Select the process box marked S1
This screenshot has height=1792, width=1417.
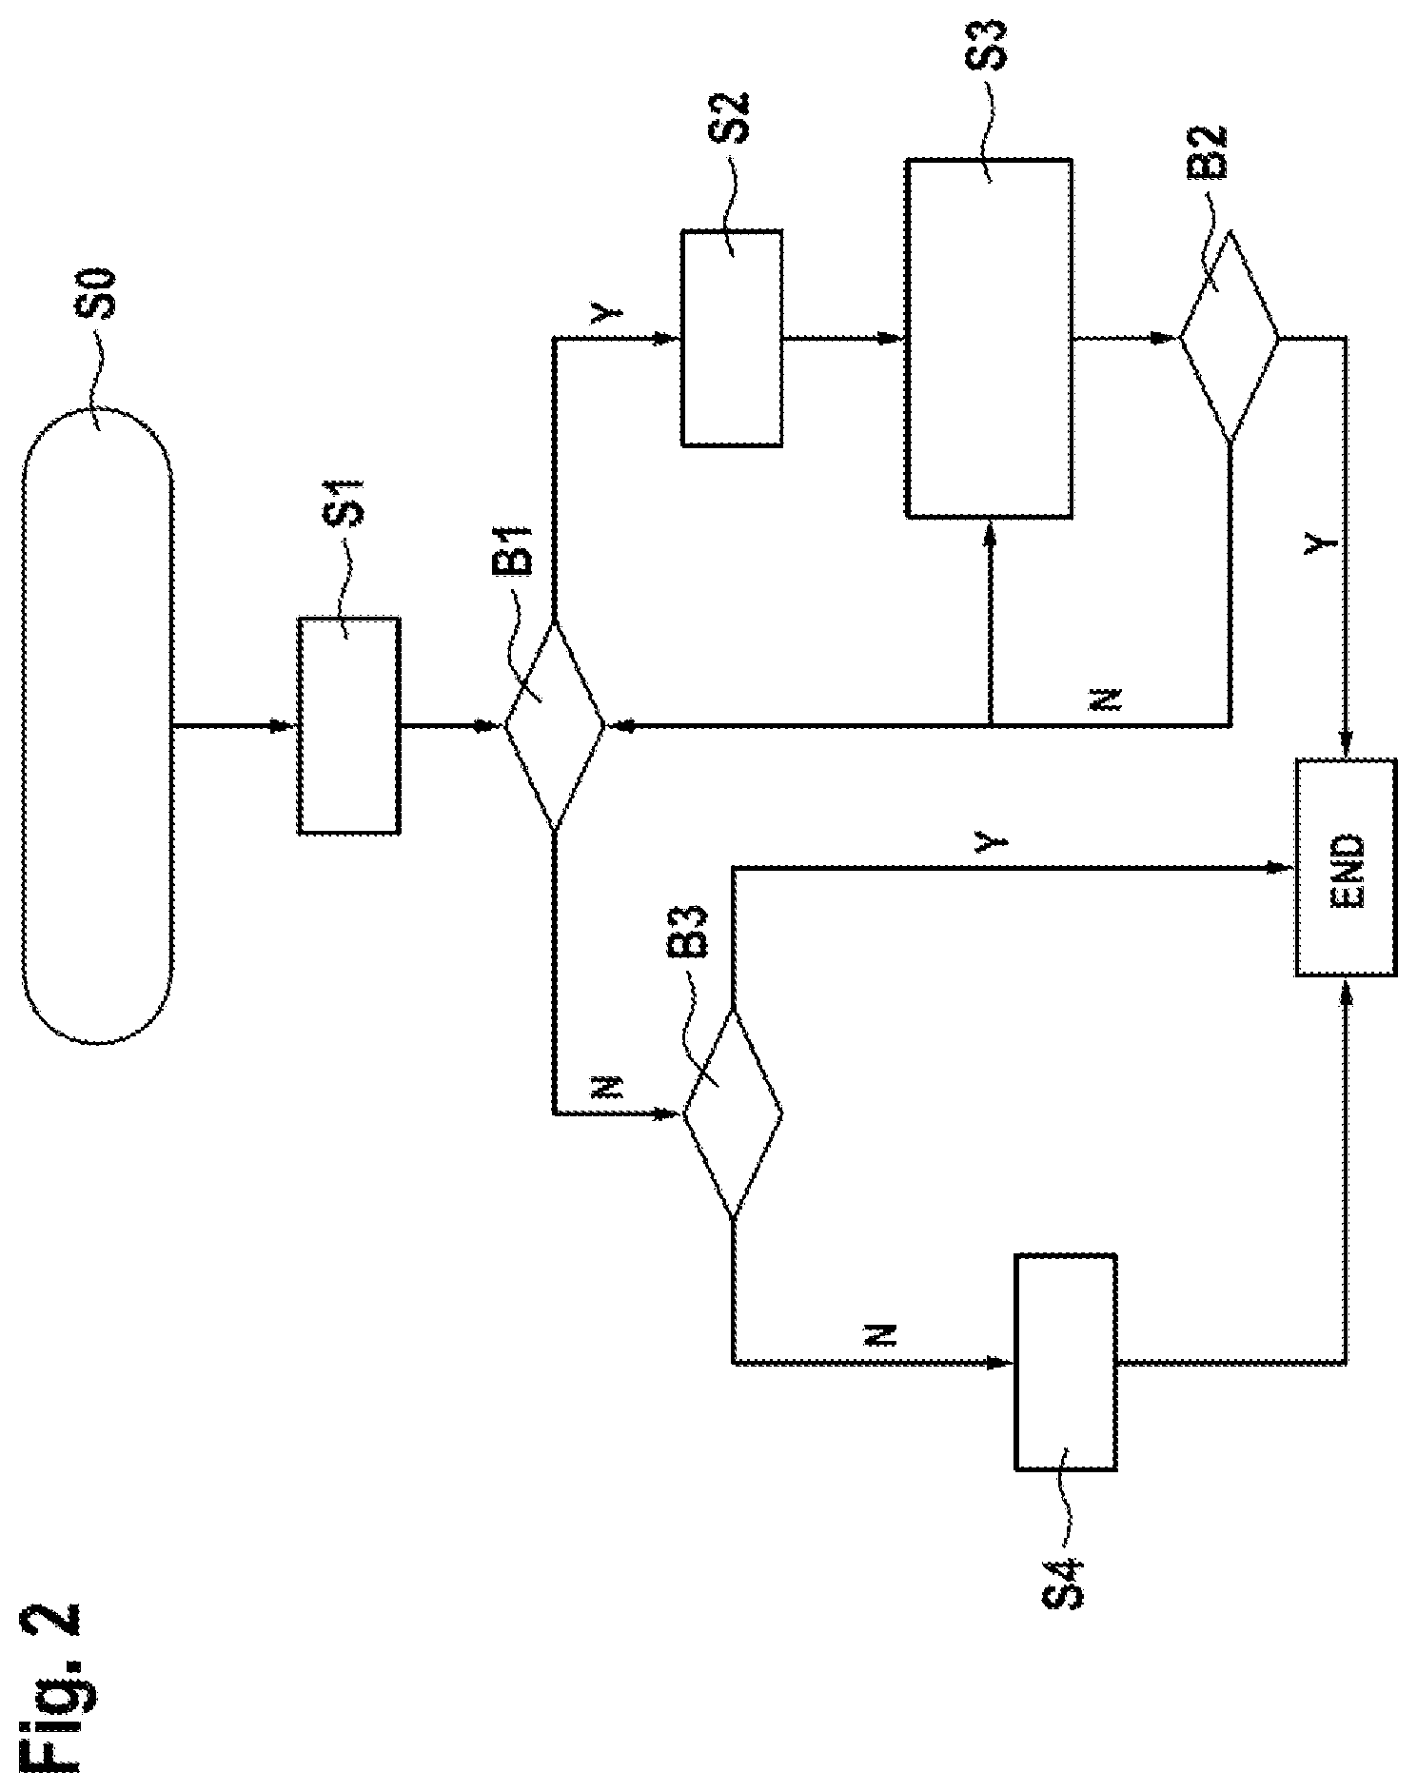pos(348,726)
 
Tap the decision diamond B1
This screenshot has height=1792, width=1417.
pos(554,726)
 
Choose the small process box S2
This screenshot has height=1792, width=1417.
pos(732,338)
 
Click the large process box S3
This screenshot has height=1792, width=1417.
pos(990,338)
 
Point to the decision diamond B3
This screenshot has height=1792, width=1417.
pos(732,1113)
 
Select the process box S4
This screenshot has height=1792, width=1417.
pos(1066,1363)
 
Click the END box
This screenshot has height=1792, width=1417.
pos(1346,867)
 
